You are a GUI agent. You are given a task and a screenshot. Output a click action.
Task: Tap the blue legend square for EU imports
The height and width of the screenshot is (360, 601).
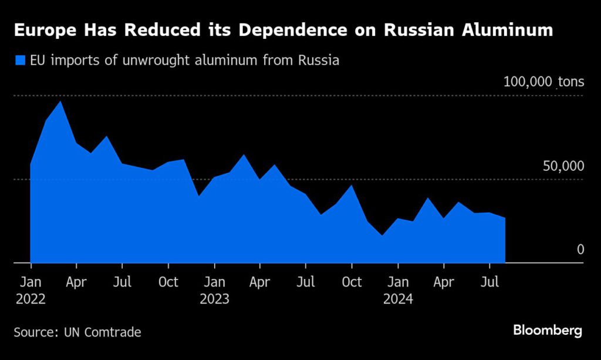(21, 60)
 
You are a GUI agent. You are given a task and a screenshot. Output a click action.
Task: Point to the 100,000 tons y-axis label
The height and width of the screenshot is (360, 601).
(543, 82)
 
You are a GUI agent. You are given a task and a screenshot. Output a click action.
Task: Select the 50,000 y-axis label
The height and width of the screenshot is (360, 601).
(563, 166)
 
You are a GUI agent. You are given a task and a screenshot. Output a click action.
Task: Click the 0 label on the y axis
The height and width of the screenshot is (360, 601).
(580, 250)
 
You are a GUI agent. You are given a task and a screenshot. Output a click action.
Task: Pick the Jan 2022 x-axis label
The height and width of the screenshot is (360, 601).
(30, 290)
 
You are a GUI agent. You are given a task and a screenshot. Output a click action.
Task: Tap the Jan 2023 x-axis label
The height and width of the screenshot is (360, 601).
(214, 290)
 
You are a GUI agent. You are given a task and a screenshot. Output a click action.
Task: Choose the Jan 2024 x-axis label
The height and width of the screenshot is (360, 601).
(398, 290)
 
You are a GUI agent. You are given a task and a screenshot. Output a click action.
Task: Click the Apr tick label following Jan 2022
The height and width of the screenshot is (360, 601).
(76, 282)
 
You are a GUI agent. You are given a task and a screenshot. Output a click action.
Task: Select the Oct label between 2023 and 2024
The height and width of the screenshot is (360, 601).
(352, 282)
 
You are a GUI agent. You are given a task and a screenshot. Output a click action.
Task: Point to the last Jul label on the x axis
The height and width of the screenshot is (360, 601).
(490, 282)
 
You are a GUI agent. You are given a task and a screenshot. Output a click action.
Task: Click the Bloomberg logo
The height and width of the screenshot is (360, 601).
(547, 330)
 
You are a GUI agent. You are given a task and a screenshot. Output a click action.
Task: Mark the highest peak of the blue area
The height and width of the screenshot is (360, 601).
(60, 102)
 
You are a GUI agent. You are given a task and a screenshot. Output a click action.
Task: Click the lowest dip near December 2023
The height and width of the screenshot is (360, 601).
(383, 235)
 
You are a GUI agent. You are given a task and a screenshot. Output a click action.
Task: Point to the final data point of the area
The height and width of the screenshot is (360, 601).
(505, 218)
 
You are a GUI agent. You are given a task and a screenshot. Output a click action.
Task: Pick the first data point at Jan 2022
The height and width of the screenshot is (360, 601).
(31, 165)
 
